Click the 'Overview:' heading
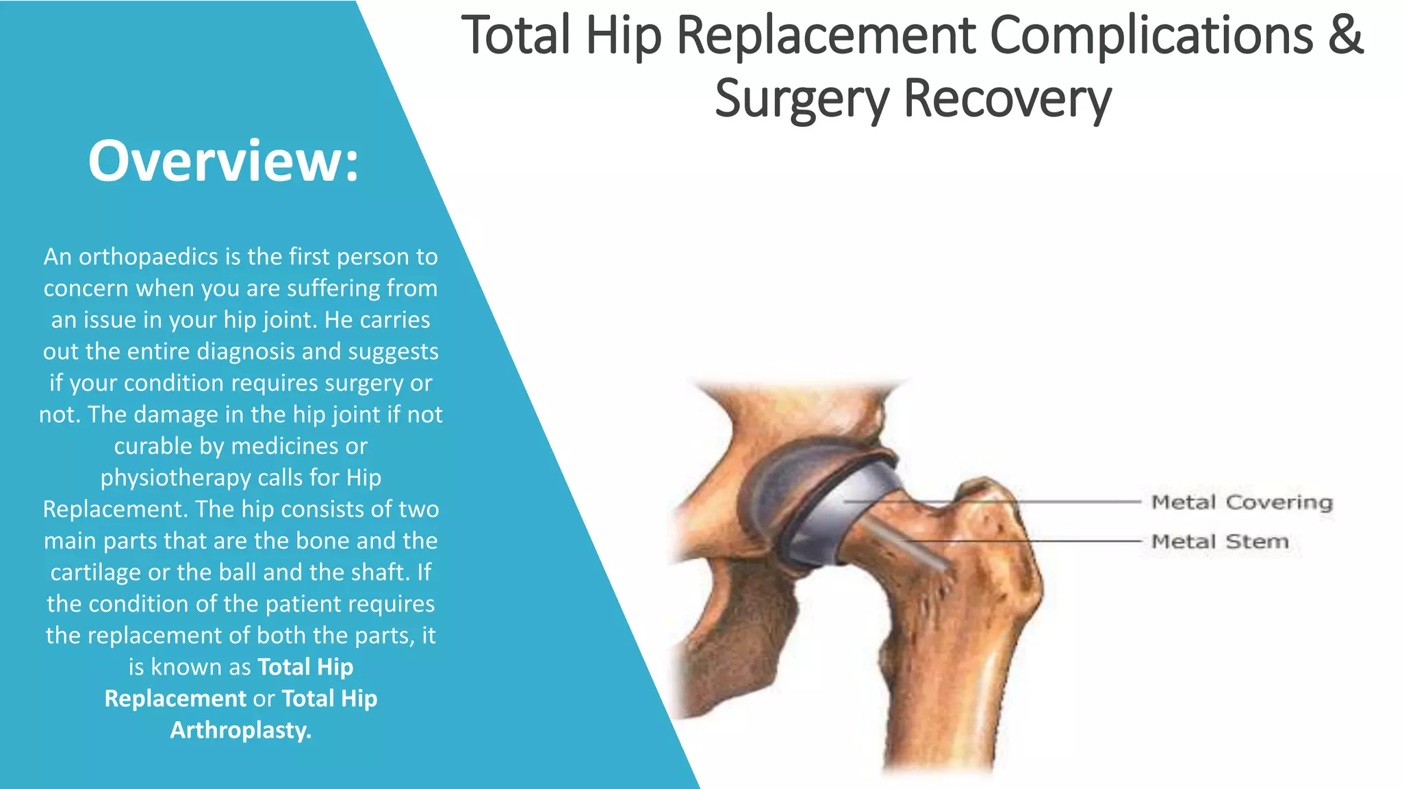pyautogui.click(x=223, y=162)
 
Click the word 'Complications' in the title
pyautogui.click(x=1151, y=36)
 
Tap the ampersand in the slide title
pyautogui.click(x=1346, y=36)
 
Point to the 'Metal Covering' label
pyautogui.click(x=1242, y=503)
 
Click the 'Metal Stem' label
pyautogui.click(x=1220, y=542)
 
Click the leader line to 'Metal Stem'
pyautogui.click(x=1027, y=541)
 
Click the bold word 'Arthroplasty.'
pyautogui.click(x=241, y=730)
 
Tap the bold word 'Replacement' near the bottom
pyautogui.click(x=175, y=699)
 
